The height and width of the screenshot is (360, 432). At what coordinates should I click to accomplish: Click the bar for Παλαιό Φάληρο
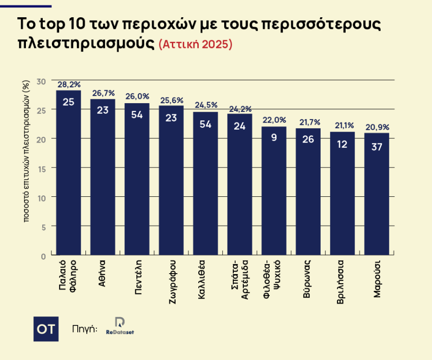point(69,173)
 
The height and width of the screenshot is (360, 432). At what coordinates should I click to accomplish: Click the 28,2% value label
point(69,85)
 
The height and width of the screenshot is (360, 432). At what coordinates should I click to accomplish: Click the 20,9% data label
point(377,127)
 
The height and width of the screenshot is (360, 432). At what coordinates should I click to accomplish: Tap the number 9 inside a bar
point(274,137)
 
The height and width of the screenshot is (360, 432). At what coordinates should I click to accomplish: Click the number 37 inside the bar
point(377,147)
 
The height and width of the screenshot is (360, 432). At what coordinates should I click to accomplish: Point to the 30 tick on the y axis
point(42,81)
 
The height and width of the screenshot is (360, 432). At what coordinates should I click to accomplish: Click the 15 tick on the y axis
point(42,168)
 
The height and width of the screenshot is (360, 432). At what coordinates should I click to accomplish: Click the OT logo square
point(46,329)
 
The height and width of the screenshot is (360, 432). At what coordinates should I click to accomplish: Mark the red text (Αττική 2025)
point(195,44)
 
